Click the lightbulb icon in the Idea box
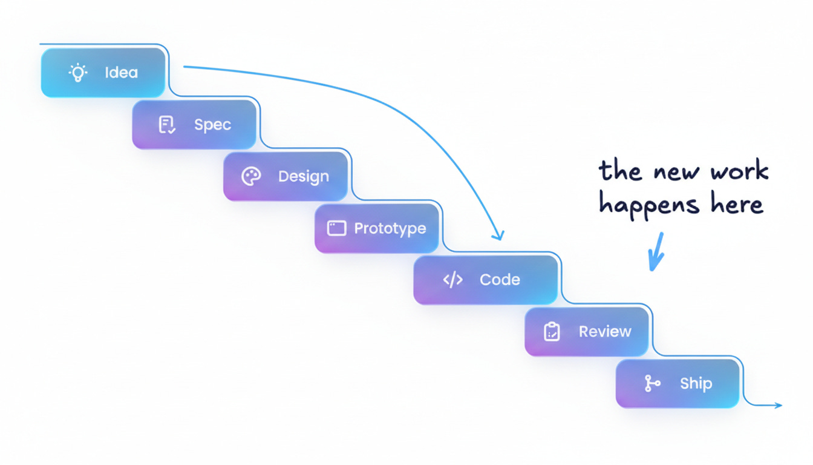pyautogui.click(x=77, y=73)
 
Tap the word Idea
pyautogui.click(x=121, y=73)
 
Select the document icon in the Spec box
pyautogui.click(x=166, y=125)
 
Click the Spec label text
pyautogui.click(x=212, y=125)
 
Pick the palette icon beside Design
pyautogui.click(x=251, y=177)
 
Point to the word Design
pyautogui.click(x=304, y=177)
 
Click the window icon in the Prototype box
pyautogui.click(x=336, y=228)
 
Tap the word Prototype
pyautogui.click(x=390, y=228)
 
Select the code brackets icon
pyautogui.click(x=453, y=280)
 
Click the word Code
pyautogui.click(x=500, y=280)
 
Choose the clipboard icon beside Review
pyautogui.click(x=552, y=332)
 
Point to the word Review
pyautogui.click(x=605, y=332)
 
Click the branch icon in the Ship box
pyautogui.click(x=652, y=384)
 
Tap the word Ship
pyautogui.click(x=696, y=384)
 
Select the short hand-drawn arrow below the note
pyautogui.click(x=655, y=251)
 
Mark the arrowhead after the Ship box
pyautogui.click(x=778, y=405)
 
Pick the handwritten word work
pyautogui.click(x=739, y=171)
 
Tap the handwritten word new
pyautogui.click(x=673, y=173)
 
